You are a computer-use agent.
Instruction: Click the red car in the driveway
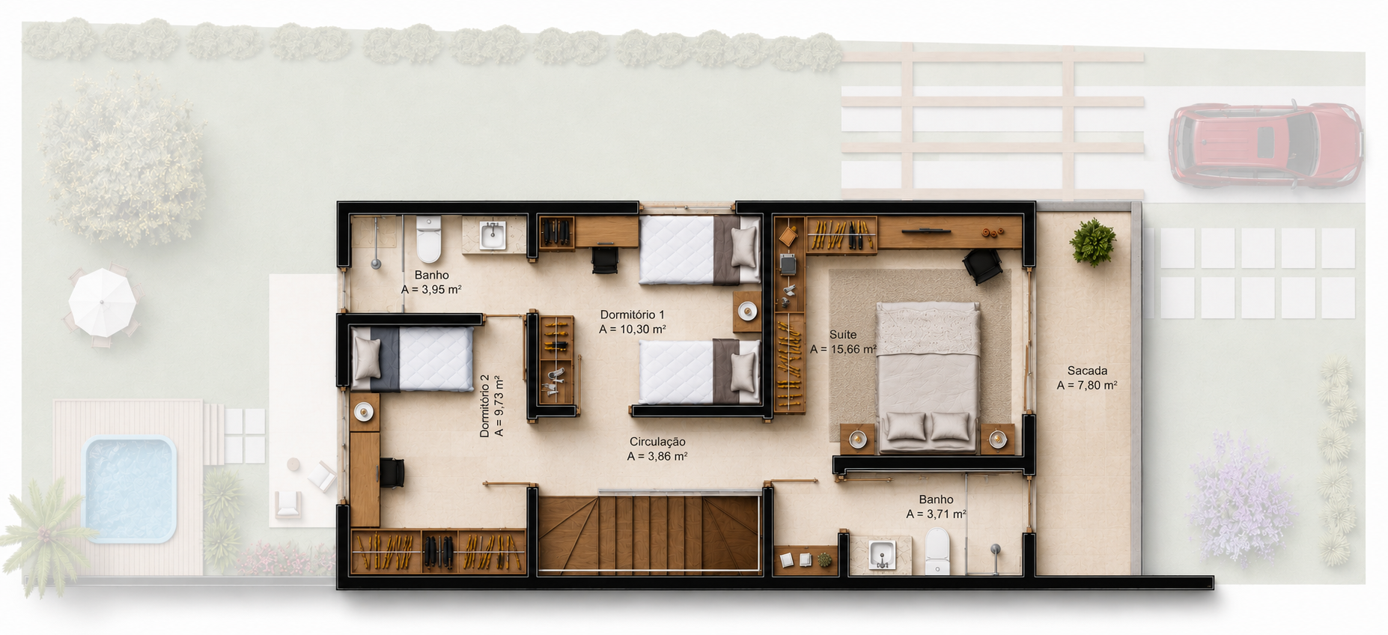(x=1265, y=144)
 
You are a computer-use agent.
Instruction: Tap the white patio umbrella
(x=103, y=302)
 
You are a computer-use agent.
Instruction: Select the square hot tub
(x=130, y=489)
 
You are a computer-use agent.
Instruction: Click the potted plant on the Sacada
(x=1093, y=242)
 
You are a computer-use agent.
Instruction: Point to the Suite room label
(x=843, y=335)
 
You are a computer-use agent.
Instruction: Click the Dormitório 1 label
(x=632, y=315)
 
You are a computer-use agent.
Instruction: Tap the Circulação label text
(x=657, y=442)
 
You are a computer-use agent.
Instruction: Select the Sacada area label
(x=1087, y=371)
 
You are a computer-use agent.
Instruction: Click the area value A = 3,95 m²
(x=431, y=290)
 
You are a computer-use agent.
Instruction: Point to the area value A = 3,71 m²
(x=936, y=514)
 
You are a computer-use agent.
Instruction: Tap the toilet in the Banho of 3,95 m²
(x=428, y=238)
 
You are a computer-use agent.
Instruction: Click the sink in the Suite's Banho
(x=883, y=555)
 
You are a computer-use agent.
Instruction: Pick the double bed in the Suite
(x=928, y=377)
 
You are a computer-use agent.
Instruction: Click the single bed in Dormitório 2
(x=412, y=359)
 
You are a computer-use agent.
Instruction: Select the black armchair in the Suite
(x=982, y=266)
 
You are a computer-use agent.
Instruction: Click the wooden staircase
(x=649, y=534)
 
